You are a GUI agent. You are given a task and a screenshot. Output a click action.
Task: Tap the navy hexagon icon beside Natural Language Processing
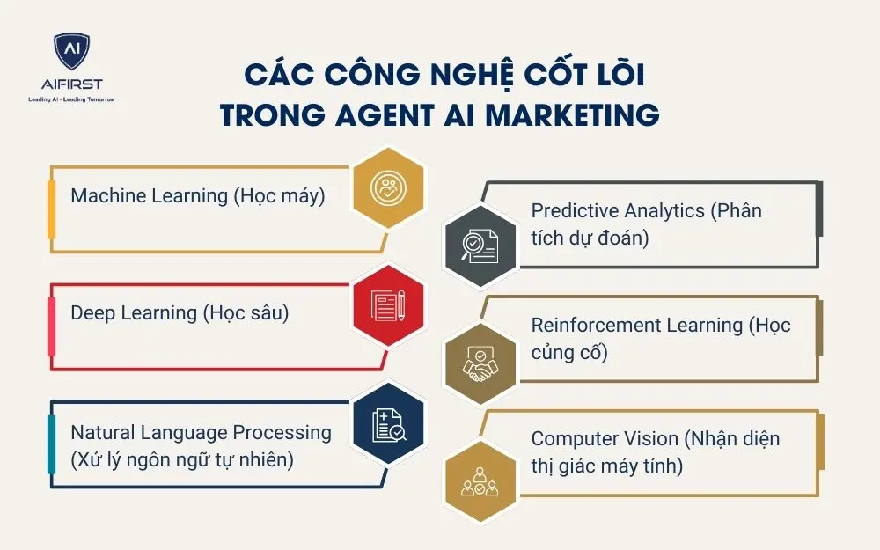(387, 423)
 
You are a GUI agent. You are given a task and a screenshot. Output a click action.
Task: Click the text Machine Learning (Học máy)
(197, 195)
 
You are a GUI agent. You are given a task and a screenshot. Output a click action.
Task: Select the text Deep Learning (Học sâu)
(180, 312)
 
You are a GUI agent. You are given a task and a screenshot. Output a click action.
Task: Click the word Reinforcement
(593, 326)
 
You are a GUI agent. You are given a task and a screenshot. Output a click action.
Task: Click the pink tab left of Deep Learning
(52, 326)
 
